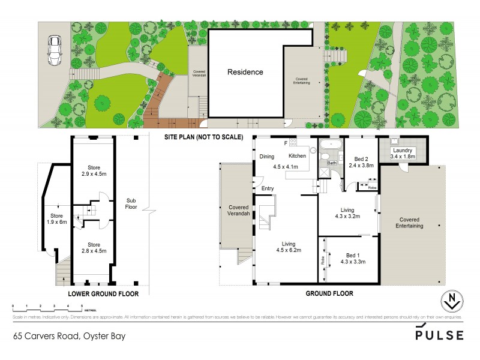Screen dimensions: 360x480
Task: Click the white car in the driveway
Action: (x=55, y=51)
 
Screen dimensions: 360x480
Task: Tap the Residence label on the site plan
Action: (x=245, y=72)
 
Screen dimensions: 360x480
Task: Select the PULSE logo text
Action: (x=439, y=335)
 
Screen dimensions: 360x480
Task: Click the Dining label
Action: (x=266, y=157)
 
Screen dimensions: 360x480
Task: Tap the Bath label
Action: (x=332, y=163)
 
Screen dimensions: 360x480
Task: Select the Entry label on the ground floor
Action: (x=267, y=188)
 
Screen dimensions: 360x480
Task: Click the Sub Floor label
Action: (x=131, y=204)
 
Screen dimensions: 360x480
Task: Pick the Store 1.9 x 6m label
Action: (x=56, y=218)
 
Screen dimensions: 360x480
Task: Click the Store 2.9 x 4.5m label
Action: (x=93, y=171)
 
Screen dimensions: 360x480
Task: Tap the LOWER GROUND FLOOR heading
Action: (x=103, y=294)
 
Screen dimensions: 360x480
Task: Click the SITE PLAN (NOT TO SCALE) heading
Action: (x=204, y=137)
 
